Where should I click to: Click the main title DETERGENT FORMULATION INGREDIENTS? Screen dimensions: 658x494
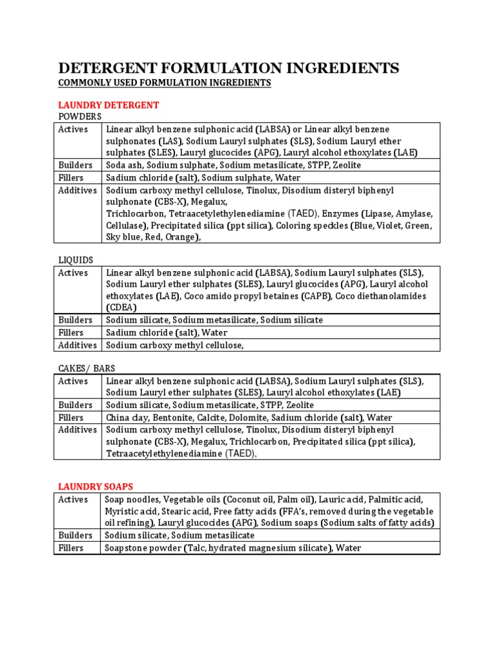[228, 68]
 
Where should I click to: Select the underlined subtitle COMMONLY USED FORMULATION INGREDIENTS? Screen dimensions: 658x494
[165, 84]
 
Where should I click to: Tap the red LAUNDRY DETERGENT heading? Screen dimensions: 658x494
[109, 105]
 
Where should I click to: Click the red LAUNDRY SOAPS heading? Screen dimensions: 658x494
[96, 486]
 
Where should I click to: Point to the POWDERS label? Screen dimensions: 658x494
[80, 116]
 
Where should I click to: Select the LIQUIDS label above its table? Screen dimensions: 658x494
[76, 260]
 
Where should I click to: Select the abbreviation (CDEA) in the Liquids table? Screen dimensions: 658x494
[122, 308]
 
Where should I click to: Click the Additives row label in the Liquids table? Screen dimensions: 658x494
[77, 345]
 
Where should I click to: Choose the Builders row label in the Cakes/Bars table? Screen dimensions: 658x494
[75, 405]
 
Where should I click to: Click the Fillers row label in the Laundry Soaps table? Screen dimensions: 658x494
[71, 548]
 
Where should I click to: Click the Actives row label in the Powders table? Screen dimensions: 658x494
[73, 129]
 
